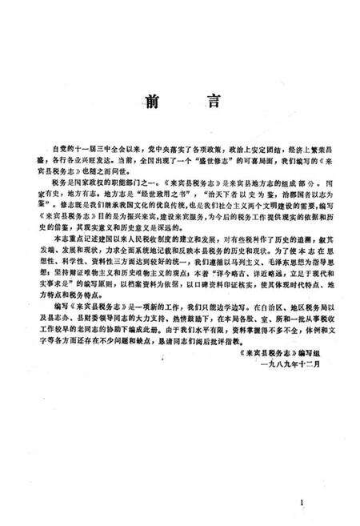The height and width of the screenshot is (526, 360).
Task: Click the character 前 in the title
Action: click(x=152, y=99)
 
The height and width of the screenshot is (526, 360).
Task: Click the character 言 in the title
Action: click(x=207, y=99)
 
